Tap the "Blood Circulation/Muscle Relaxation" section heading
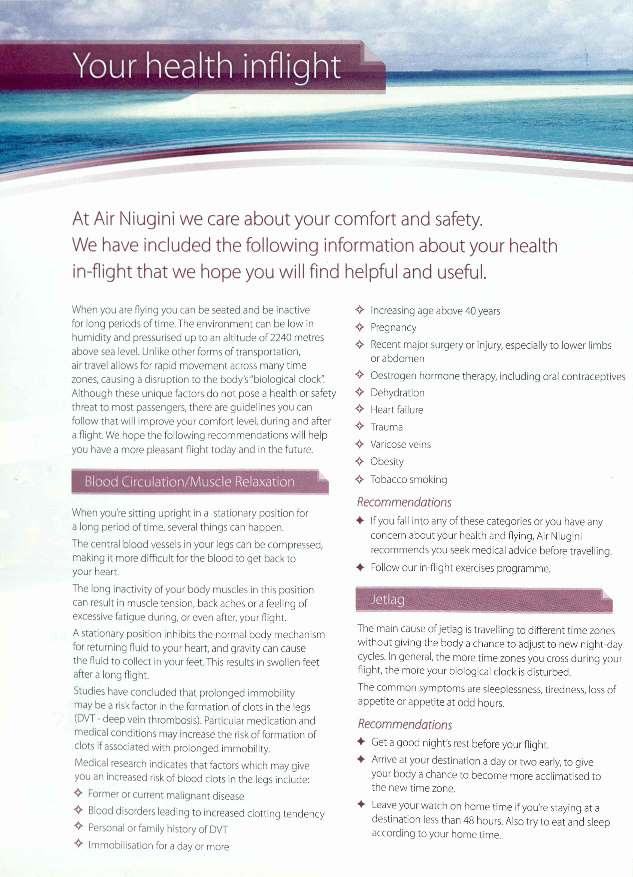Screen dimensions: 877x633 pos(189,481)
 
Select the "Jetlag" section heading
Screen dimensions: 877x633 pos(387,599)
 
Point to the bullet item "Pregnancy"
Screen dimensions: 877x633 pos(393,327)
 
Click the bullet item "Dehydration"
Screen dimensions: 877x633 pos(397,393)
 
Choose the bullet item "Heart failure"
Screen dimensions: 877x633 pos(397,410)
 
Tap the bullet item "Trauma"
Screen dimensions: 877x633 pos(386,427)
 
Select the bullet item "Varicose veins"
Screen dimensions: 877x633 pos(400,444)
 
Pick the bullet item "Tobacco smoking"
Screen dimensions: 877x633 pos(408,480)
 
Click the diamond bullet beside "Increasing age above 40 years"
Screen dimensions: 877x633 pos(360,310)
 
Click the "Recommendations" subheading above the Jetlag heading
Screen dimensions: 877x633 pos(404,502)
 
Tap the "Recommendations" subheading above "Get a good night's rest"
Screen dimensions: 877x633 pos(405,724)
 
